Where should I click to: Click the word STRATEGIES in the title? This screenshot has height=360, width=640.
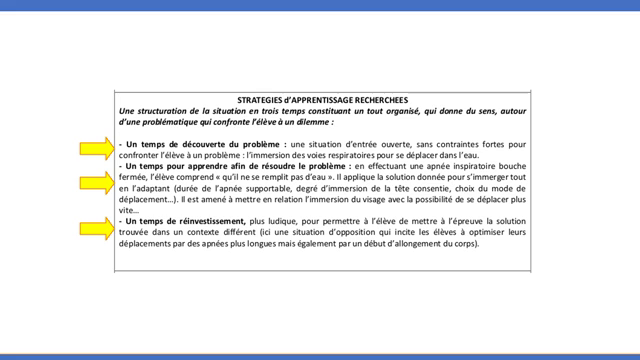[262, 100]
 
